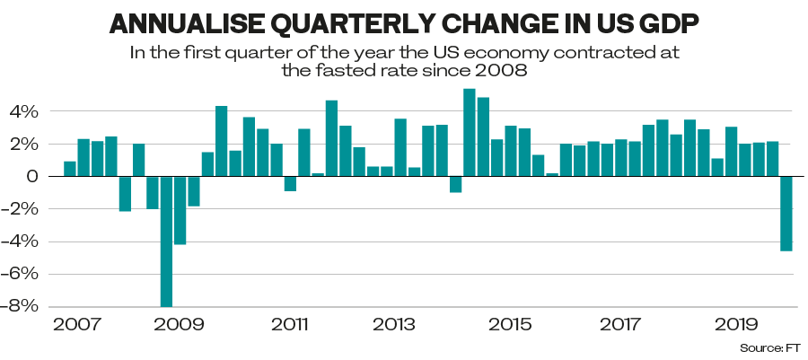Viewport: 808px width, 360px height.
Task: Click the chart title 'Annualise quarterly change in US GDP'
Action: point(403,22)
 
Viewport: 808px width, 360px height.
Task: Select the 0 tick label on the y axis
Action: point(32,177)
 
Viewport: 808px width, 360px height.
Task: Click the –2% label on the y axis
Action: point(23,209)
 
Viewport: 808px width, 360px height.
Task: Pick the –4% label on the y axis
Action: point(23,241)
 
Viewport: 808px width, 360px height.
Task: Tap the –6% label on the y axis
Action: point(23,274)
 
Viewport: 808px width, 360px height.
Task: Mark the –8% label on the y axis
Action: point(23,306)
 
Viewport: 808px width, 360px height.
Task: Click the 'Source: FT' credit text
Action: point(770,347)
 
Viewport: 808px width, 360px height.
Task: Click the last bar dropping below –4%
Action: point(786,214)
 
